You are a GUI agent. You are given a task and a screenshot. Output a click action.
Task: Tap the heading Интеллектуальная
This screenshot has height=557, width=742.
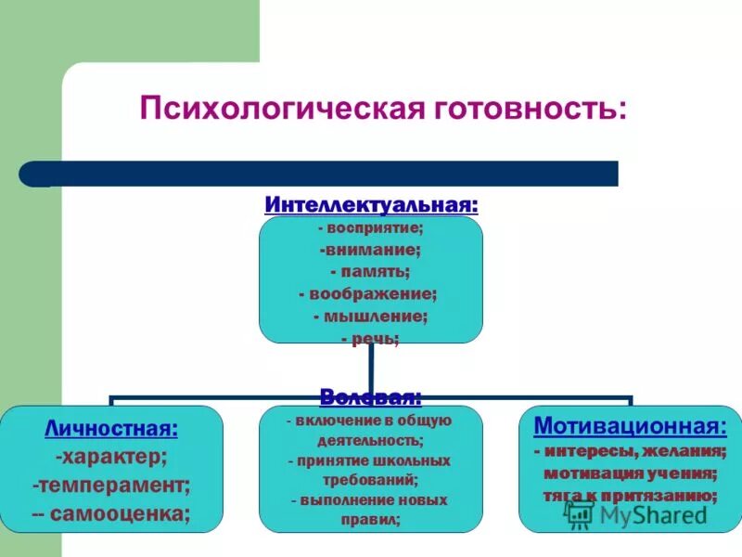coord(371,203)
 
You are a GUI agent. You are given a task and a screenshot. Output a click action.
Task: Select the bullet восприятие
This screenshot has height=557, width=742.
coord(371,227)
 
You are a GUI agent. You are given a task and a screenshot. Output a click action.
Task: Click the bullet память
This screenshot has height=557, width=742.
coord(371,271)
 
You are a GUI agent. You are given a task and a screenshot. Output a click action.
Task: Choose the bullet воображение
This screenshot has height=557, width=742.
coord(371,293)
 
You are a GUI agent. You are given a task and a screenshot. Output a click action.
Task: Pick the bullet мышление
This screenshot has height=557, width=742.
coord(371,316)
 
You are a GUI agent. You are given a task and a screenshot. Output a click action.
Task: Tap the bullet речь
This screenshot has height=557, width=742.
coord(371,339)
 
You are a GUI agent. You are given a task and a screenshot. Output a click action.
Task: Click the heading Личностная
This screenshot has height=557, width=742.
coord(111,429)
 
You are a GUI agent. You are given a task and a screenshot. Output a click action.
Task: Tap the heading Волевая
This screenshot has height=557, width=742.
coord(371,397)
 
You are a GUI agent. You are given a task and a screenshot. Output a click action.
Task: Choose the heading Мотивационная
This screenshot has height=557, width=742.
coord(631,426)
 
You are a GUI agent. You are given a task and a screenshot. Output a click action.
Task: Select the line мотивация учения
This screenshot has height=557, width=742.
coord(631,473)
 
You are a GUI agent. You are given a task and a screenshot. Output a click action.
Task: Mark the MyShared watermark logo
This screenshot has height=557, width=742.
coord(640,516)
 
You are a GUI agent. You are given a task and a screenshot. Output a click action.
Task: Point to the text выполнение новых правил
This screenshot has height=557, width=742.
coord(371,510)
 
